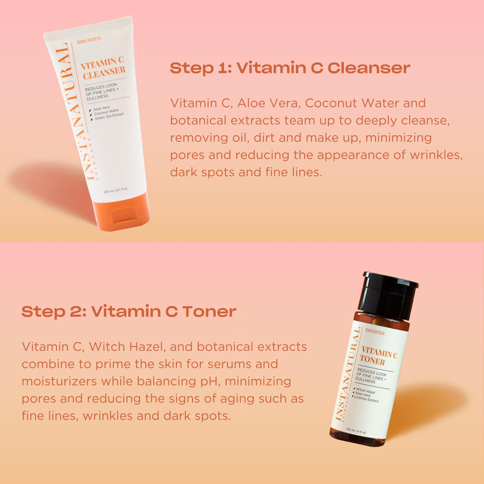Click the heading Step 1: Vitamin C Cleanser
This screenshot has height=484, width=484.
point(290,68)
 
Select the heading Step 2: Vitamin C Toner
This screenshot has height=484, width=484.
point(129,311)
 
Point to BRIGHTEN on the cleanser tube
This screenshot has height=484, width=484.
point(89,40)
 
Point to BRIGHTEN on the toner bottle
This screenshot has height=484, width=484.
point(375,332)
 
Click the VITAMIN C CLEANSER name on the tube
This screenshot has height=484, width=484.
point(103,68)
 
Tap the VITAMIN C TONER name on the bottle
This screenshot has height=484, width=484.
point(378,357)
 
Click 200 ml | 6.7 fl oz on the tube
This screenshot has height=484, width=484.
point(115,190)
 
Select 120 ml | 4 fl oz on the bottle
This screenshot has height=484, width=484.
point(356,431)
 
